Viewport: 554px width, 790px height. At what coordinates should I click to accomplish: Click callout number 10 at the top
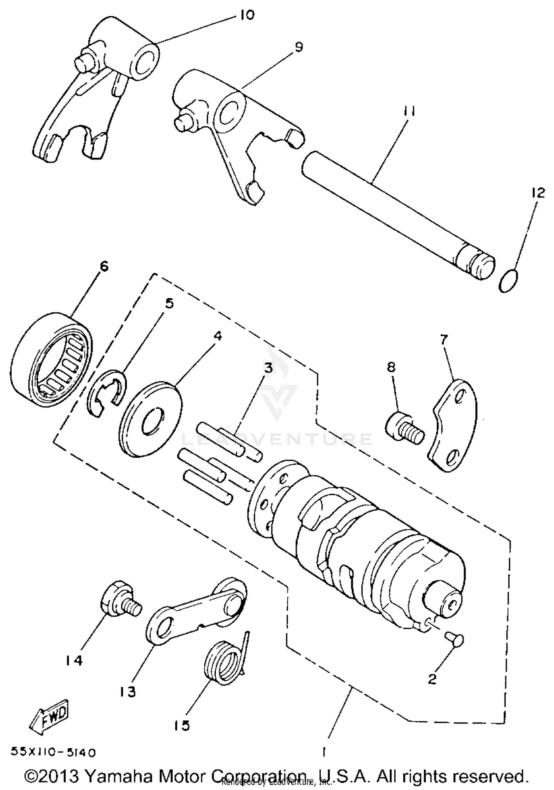tap(246, 16)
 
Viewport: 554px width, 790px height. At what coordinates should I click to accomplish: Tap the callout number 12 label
tap(538, 193)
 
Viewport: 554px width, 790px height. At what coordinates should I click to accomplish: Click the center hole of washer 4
tap(152, 421)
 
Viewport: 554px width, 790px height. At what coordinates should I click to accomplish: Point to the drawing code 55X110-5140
tap(54, 752)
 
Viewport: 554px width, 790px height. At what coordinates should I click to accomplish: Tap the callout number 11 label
tap(409, 111)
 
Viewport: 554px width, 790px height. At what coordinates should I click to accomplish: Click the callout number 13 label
tap(128, 692)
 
